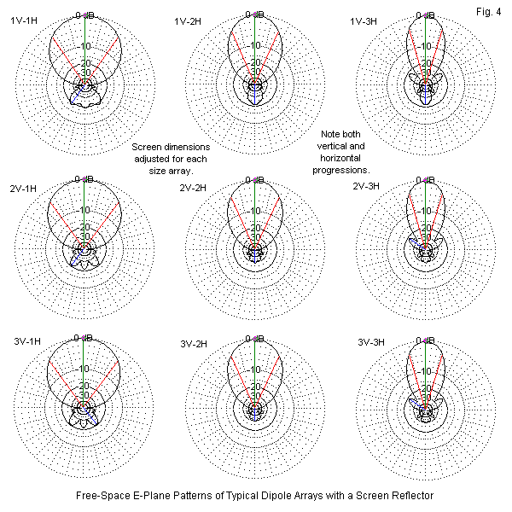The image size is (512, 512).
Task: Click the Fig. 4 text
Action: point(492,9)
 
